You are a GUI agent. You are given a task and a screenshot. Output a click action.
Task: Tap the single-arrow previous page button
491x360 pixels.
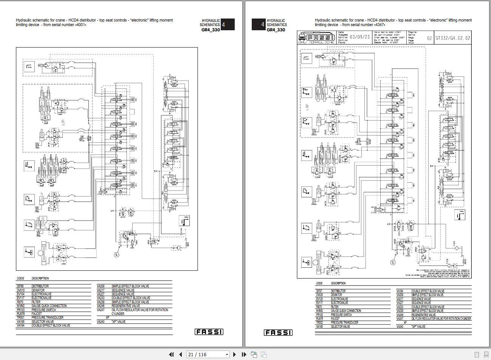coord(180,354)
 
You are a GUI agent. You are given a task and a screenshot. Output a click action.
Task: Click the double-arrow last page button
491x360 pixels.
coord(244,354)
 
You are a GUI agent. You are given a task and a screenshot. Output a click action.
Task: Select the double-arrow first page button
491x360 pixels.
coord(171,354)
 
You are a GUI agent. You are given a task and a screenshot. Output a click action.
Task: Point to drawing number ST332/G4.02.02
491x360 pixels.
coord(453,38)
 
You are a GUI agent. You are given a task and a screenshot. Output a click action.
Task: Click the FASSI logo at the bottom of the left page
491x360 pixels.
coord(209,332)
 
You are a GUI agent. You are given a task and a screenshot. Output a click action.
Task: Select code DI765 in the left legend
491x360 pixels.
coord(20,286)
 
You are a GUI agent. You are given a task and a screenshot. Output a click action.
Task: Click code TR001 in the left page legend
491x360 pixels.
coord(21,318)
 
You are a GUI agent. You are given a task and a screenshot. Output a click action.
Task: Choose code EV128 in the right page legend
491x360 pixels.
coord(320,299)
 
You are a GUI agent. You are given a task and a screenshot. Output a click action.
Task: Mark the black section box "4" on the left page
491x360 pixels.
coord(228,25)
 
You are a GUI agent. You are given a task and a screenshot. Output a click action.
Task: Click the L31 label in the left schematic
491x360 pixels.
coord(63,122)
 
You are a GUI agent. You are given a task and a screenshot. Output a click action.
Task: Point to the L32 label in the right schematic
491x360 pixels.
coord(307,107)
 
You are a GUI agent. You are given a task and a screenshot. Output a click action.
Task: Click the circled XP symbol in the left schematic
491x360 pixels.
coord(116,255)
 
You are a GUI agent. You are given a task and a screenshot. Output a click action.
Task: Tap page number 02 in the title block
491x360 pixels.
coord(429,38)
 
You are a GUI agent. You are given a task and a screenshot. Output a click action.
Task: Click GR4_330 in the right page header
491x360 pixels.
coord(276,29)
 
